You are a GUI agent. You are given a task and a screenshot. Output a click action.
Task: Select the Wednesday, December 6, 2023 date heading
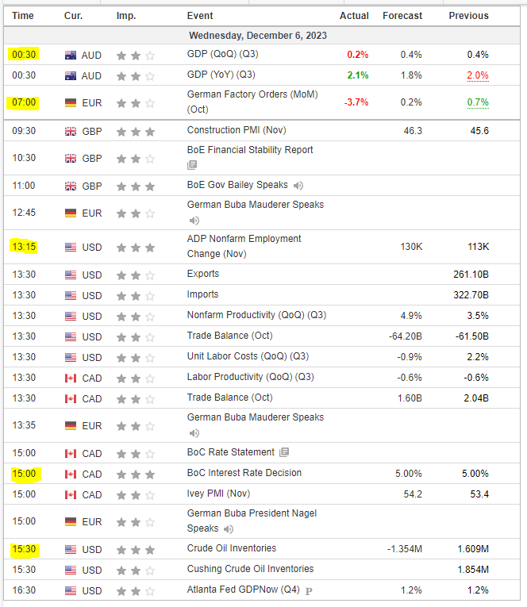258,36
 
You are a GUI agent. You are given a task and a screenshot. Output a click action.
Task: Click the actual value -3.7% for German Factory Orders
355,102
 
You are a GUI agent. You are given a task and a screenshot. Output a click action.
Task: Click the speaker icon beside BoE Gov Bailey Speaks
298,186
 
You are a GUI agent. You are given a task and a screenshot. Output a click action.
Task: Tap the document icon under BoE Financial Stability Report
192,165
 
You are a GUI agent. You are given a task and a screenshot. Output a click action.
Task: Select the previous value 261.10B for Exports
471,274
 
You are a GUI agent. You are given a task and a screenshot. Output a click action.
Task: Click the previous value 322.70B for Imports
471,294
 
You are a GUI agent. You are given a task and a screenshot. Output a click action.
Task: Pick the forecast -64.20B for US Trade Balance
406,336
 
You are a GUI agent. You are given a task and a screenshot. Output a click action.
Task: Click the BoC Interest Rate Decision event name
244,473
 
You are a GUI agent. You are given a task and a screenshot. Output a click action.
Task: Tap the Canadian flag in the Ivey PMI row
71,494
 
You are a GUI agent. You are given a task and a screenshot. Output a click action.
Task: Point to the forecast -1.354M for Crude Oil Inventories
404,549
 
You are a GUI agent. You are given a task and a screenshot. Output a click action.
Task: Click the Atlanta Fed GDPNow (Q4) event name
242,590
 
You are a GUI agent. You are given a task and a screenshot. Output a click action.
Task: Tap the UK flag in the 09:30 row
71,131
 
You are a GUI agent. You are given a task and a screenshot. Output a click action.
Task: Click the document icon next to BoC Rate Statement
284,452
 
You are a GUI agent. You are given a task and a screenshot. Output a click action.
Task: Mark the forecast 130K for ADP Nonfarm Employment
412,247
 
